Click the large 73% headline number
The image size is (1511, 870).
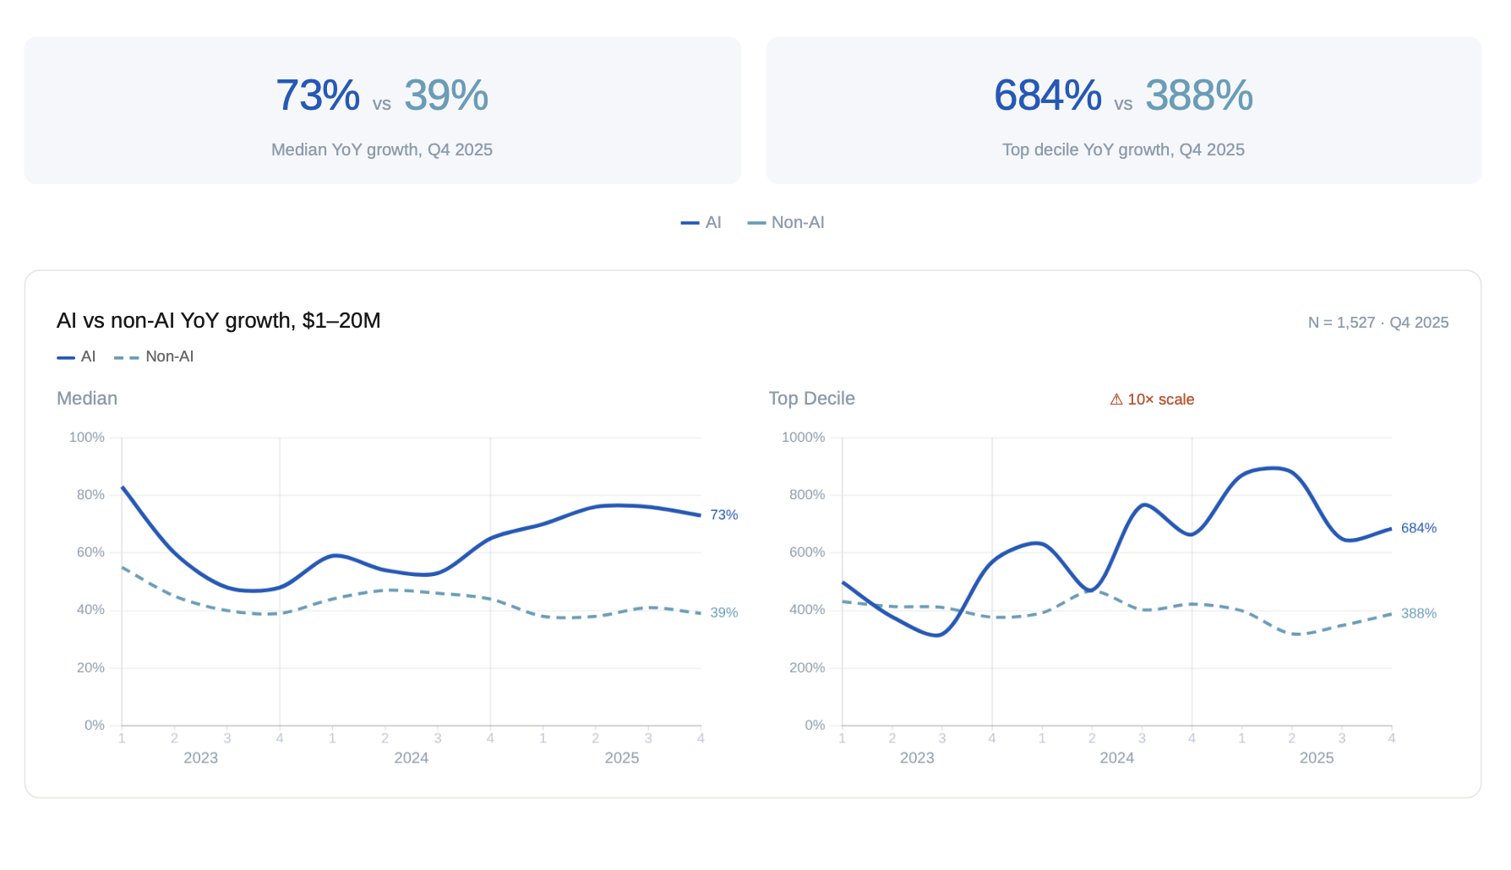(x=318, y=95)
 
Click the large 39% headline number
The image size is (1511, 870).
(x=446, y=95)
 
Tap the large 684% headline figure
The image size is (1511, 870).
(x=1048, y=95)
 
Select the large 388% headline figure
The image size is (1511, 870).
(x=1198, y=95)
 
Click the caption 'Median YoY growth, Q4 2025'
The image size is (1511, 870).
(x=382, y=150)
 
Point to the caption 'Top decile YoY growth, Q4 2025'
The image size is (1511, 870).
(x=1123, y=150)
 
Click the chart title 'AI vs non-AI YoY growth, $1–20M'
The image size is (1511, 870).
(x=219, y=321)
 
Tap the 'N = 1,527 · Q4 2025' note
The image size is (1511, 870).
(x=1377, y=323)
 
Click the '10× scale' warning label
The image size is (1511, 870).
(x=1153, y=400)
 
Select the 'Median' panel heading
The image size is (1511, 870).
(x=87, y=399)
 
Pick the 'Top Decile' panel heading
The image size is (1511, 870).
(x=811, y=399)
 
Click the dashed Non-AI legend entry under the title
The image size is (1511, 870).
(x=155, y=356)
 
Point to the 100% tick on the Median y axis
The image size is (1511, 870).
(x=87, y=438)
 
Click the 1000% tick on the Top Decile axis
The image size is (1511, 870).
(x=803, y=438)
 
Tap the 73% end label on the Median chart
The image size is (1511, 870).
(x=724, y=515)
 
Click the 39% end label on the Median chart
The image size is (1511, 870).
(x=724, y=613)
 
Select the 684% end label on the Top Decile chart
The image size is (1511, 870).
(x=1419, y=529)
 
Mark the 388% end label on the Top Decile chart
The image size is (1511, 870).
(x=1419, y=614)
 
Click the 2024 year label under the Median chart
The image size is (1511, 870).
(x=412, y=759)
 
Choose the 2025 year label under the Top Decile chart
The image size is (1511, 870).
(x=1317, y=759)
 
